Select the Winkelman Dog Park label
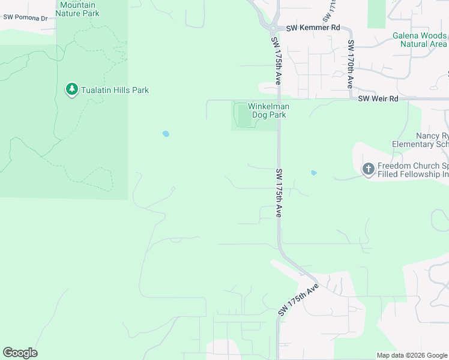tap(268, 110)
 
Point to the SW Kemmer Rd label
tap(313, 28)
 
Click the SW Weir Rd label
tap(378, 98)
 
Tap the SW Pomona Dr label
tap(25, 18)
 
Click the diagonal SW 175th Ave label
tap(298, 301)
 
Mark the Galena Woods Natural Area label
tap(420, 40)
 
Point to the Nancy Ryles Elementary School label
tap(421, 140)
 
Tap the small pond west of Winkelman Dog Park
tap(166, 134)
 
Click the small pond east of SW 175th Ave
tap(314, 173)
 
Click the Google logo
tap(20, 353)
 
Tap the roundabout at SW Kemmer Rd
tap(273, 28)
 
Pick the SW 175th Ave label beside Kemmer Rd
tap(279, 54)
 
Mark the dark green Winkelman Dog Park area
tap(243, 116)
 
